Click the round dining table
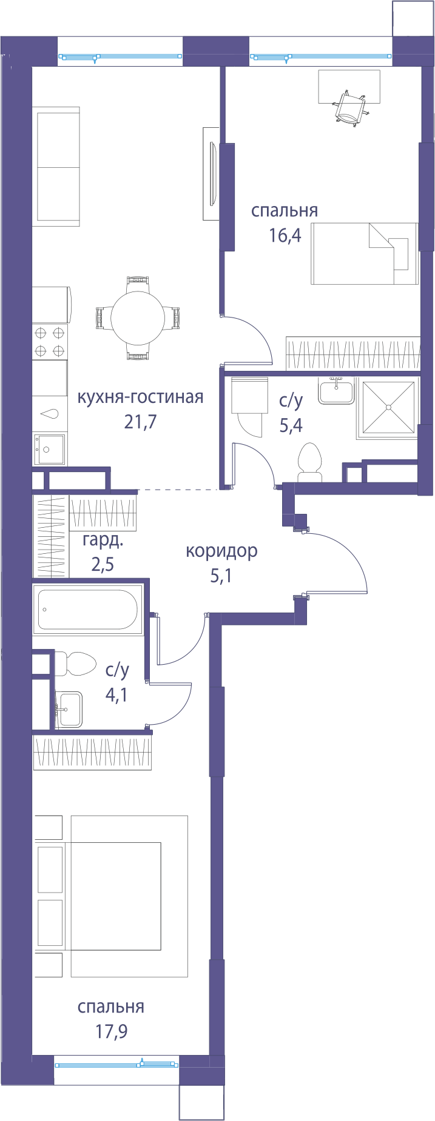tap(138, 318)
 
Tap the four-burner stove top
tap(50, 341)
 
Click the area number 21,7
tap(141, 422)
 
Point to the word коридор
tap(221, 551)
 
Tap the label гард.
tap(103, 541)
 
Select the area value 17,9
tap(112, 1031)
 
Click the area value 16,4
tap(285, 235)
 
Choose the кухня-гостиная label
tap(140, 398)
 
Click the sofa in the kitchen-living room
tap(56, 167)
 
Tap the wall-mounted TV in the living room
tap(212, 174)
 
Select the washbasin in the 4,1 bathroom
tap(70, 709)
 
